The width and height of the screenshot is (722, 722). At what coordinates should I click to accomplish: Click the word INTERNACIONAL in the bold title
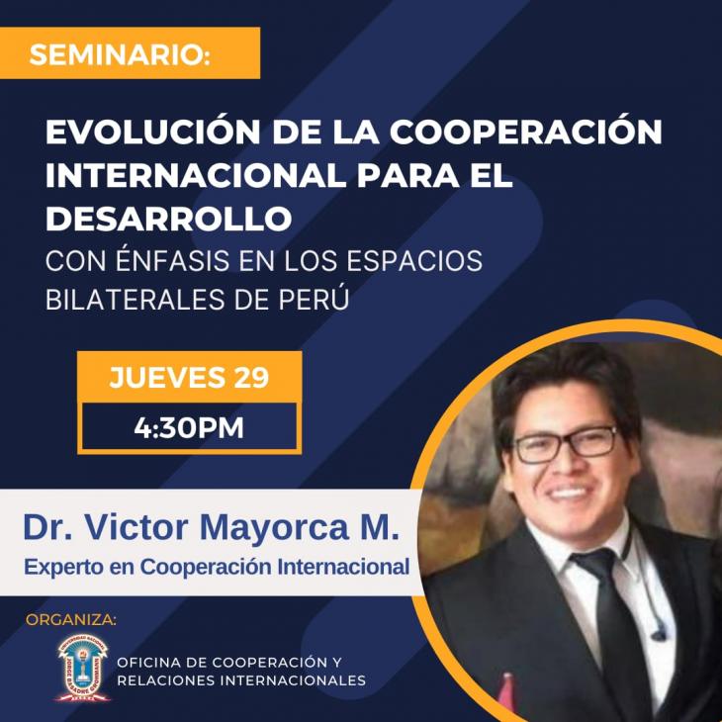[196, 175]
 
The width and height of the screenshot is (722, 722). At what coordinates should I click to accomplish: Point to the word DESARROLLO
[168, 219]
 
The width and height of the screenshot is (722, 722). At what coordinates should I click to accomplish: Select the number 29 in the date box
[251, 378]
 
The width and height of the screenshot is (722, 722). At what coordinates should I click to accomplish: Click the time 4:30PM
[189, 428]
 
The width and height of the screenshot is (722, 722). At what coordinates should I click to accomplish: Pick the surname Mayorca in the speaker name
[274, 529]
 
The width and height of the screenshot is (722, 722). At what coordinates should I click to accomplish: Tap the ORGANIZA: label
[71, 620]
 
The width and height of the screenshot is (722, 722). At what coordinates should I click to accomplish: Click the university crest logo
[83, 668]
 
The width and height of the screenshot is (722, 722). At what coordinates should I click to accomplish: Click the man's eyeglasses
[566, 444]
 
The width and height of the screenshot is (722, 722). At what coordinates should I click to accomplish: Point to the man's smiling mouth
[568, 494]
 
